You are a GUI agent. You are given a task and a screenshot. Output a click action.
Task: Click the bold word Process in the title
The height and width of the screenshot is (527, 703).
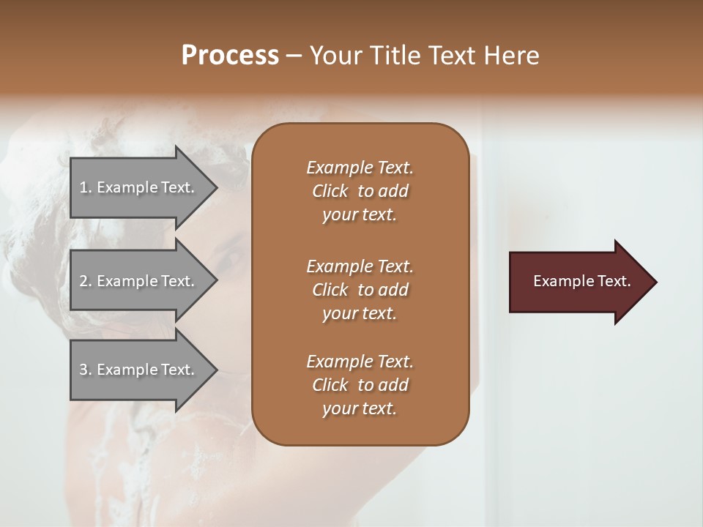(230, 56)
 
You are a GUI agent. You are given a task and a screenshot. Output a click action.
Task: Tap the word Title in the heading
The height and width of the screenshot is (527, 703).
(397, 56)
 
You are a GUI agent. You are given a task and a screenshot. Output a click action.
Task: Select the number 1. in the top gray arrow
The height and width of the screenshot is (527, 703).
(86, 187)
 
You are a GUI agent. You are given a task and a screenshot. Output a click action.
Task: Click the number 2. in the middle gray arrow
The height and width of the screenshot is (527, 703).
(86, 281)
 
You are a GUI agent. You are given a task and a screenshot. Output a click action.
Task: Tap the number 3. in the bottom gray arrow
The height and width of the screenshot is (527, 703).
(86, 370)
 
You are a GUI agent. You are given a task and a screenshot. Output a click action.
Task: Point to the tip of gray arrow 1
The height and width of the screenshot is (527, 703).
(217, 187)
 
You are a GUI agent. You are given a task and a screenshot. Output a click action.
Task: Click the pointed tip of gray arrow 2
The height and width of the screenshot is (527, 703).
(217, 281)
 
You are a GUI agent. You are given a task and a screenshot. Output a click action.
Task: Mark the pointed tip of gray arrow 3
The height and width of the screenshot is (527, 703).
(217, 370)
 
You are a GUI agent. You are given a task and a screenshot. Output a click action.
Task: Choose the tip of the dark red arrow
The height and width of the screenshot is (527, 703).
(656, 282)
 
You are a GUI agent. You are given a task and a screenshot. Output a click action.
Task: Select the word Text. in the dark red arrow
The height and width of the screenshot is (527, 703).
(613, 281)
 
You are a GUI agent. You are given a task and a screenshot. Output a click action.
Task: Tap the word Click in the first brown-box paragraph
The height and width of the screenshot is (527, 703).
(330, 191)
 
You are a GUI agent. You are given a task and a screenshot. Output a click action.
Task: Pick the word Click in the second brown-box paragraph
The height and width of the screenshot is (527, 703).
(330, 290)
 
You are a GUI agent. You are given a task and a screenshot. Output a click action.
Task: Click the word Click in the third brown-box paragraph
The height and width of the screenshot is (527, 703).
(330, 385)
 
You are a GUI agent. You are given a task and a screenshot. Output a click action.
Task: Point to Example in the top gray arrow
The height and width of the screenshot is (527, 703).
(127, 187)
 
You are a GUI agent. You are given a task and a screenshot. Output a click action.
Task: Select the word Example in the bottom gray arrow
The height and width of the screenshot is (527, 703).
(127, 370)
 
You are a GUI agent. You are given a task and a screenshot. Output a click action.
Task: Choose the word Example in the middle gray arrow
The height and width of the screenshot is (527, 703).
(127, 281)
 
